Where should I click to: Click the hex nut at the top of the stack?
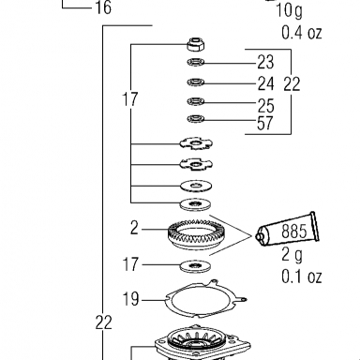(196, 44)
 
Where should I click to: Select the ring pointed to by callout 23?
(196, 63)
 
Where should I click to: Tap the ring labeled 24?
(196, 82)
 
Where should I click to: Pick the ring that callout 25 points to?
(196, 101)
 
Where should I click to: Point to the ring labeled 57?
(196, 119)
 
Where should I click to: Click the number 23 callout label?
(265, 62)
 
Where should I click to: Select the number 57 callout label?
(265, 123)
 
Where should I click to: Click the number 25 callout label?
(266, 106)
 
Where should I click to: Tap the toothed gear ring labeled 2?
(196, 233)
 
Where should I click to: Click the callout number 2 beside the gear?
(134, 228)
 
